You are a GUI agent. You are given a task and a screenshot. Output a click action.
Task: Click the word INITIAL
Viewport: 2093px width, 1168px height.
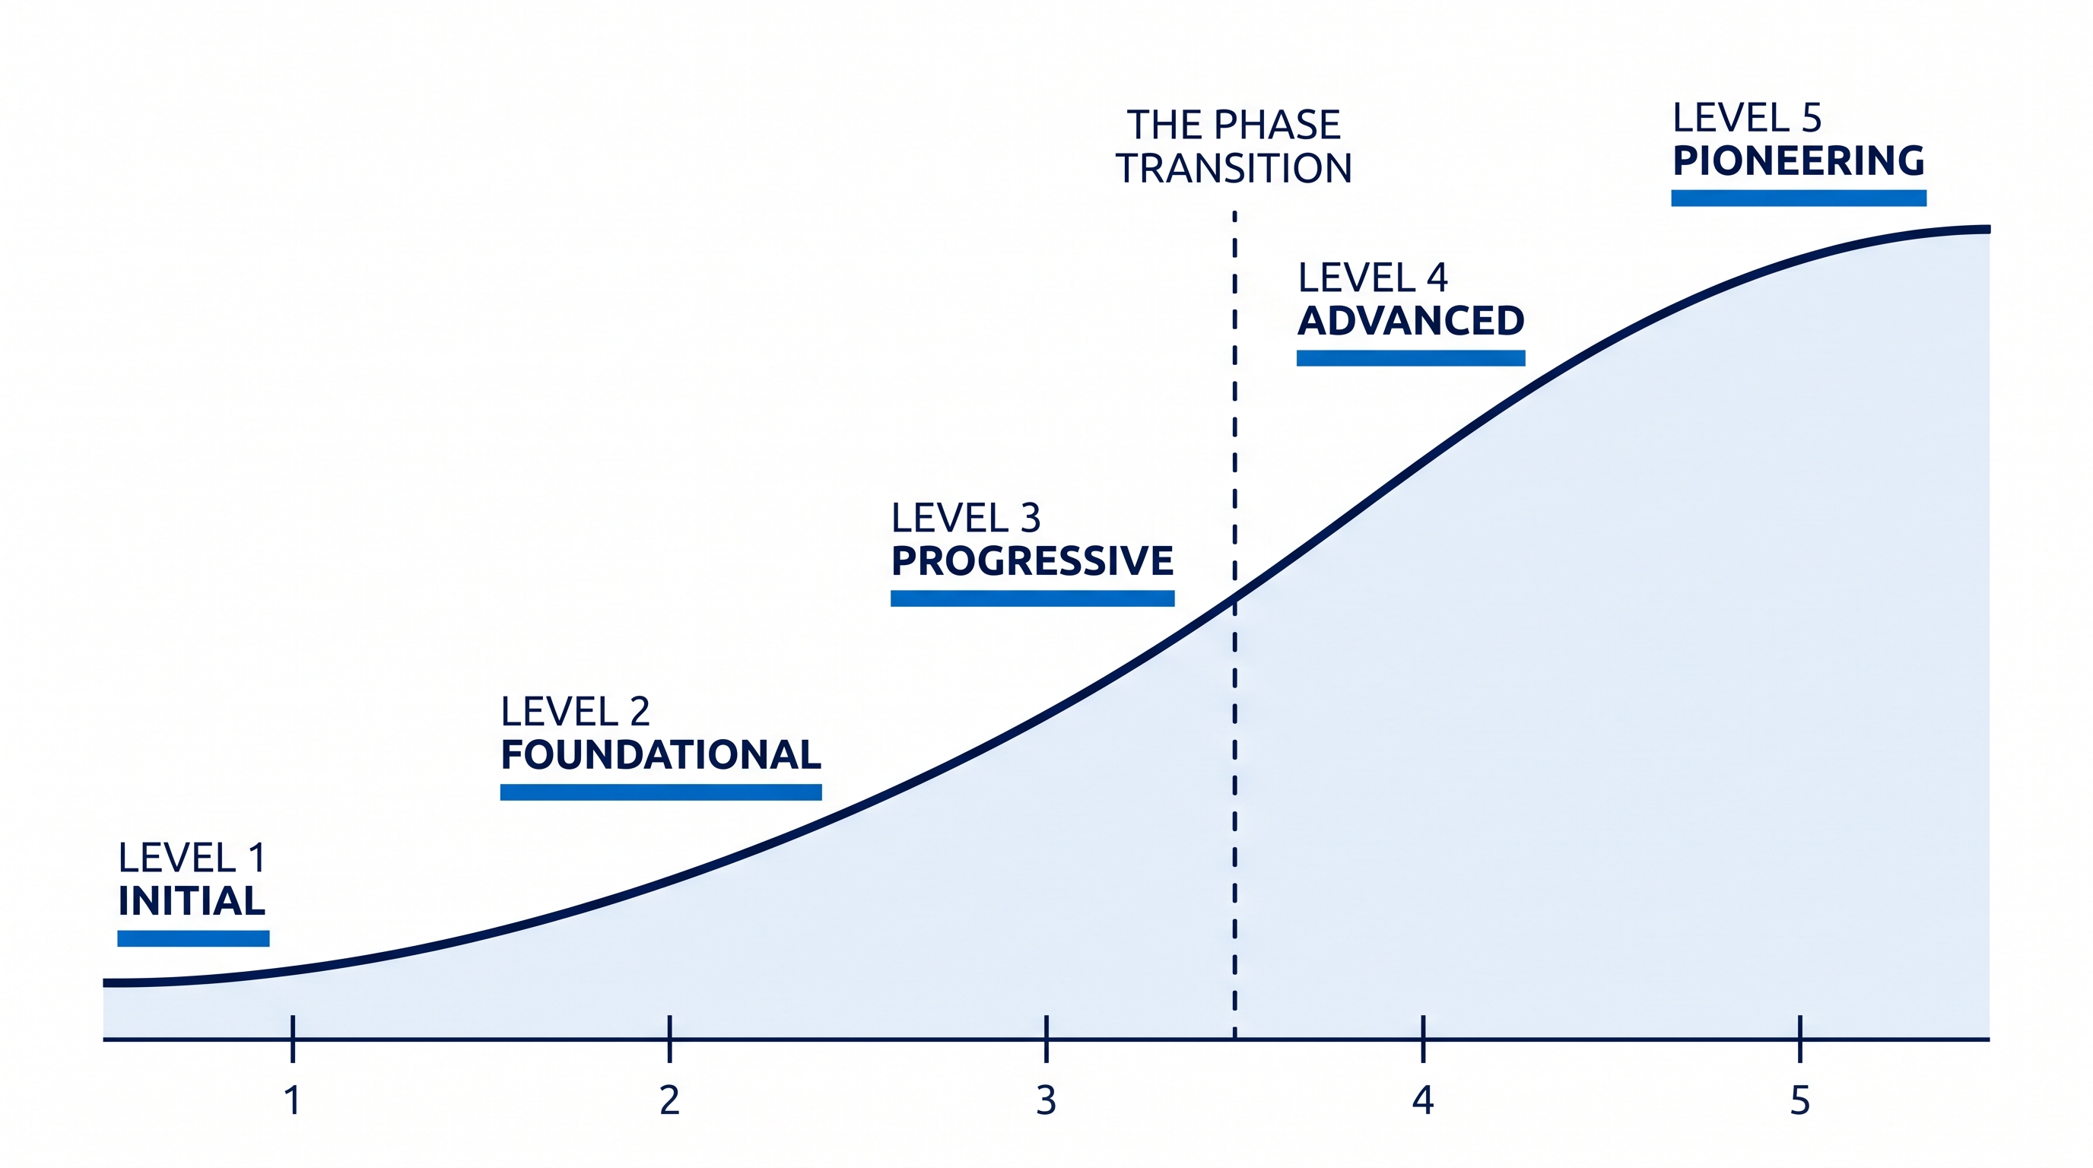click(192, 901)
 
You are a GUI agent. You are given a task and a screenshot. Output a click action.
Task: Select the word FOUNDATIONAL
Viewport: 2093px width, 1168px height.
click(661, 754)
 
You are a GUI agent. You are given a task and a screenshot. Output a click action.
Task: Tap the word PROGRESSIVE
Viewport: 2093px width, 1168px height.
click(1032, 560)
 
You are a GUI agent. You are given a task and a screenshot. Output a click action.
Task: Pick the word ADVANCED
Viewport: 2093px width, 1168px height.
click(1411, 321)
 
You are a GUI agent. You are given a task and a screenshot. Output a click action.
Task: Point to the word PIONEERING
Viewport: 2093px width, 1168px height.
click(1798, 160)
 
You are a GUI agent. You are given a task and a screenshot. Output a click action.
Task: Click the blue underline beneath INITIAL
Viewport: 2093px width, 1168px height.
click(193, 938)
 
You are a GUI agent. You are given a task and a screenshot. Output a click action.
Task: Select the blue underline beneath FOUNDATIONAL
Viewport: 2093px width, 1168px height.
click(661, 792)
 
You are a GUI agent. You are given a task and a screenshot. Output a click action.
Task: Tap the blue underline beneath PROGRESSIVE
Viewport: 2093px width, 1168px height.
click(1033, 598)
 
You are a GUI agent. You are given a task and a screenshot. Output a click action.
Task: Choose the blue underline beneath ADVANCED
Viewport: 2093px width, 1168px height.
click(1411, 358)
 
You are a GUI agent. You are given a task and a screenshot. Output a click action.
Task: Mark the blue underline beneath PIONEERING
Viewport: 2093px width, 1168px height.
click(1799, 198)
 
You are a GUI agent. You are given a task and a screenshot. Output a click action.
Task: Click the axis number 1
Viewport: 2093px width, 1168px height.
click(293, 1100)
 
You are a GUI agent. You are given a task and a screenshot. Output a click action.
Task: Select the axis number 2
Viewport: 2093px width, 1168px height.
click(669, 1100)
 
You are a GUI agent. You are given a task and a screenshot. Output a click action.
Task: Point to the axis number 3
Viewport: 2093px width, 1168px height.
click(1046, 1100)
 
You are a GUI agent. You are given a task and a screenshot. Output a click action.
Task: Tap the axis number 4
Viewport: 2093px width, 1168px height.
click(1423, 1100)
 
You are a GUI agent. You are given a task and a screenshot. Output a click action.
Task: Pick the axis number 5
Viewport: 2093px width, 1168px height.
click(1799, 1100)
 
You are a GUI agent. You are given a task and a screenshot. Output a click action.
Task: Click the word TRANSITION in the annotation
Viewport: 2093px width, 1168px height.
click(1234, 168)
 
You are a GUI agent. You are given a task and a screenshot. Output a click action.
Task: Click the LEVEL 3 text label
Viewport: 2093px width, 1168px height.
click(965, 518)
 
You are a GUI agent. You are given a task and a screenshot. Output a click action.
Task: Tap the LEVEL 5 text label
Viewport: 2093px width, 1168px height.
click(1747, 119)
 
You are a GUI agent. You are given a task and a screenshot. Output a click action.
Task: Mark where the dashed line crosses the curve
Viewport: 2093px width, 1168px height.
click(1235, 599)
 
